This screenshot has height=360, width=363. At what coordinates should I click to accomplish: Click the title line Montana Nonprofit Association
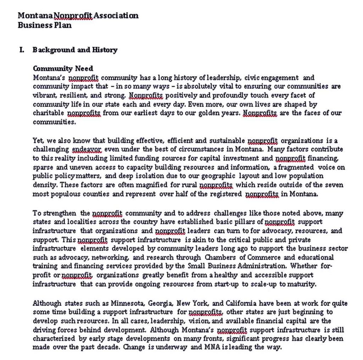[x=78, y=16]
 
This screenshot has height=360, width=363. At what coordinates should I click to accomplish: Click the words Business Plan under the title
[x=45, y=25]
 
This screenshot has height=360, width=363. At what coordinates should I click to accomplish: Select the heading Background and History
[x=75, y=50]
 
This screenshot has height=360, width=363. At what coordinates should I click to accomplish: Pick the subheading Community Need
[x=63, y=69]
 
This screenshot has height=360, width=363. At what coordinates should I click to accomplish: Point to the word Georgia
[x=161, y=303]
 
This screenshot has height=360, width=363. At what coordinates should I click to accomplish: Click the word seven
[x=334, y=185]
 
